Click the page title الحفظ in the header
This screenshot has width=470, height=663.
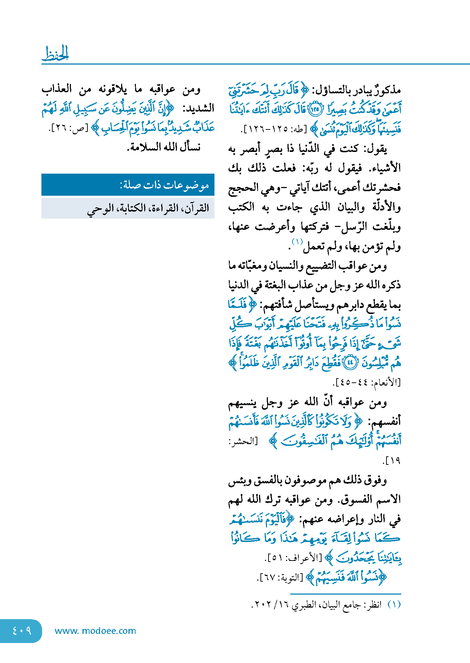(x=55, y=54)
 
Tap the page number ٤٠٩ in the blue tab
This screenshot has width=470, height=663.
(x=21, y=631)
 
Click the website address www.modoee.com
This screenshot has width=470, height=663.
(x=95, y=631)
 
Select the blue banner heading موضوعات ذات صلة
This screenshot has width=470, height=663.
(x=165, y=185)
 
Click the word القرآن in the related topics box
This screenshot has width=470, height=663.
(x=196, y=208)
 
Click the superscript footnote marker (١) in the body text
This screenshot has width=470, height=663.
(x=297, y=242)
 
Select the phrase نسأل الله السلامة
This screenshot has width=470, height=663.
(x=164, y=147)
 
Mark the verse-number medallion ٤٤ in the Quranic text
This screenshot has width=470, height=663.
(x=349, y=363)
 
